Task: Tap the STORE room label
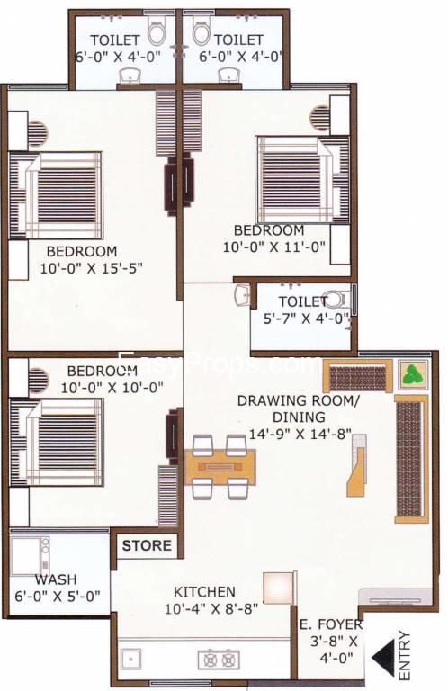147,545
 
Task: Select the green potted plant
413,374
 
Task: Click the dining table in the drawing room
220,467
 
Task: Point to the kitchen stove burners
219,660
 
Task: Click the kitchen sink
130,659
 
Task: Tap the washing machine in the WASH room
30,556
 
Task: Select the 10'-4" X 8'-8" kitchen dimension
211,609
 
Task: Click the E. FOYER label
331,624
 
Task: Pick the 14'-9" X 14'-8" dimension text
300,434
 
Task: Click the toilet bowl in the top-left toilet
157,32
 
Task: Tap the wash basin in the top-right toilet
229,75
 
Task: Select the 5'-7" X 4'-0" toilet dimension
307,319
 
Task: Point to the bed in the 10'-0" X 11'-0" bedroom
304,180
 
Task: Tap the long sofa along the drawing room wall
411,459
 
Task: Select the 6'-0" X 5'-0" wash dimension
58,596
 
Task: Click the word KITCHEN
204,591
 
